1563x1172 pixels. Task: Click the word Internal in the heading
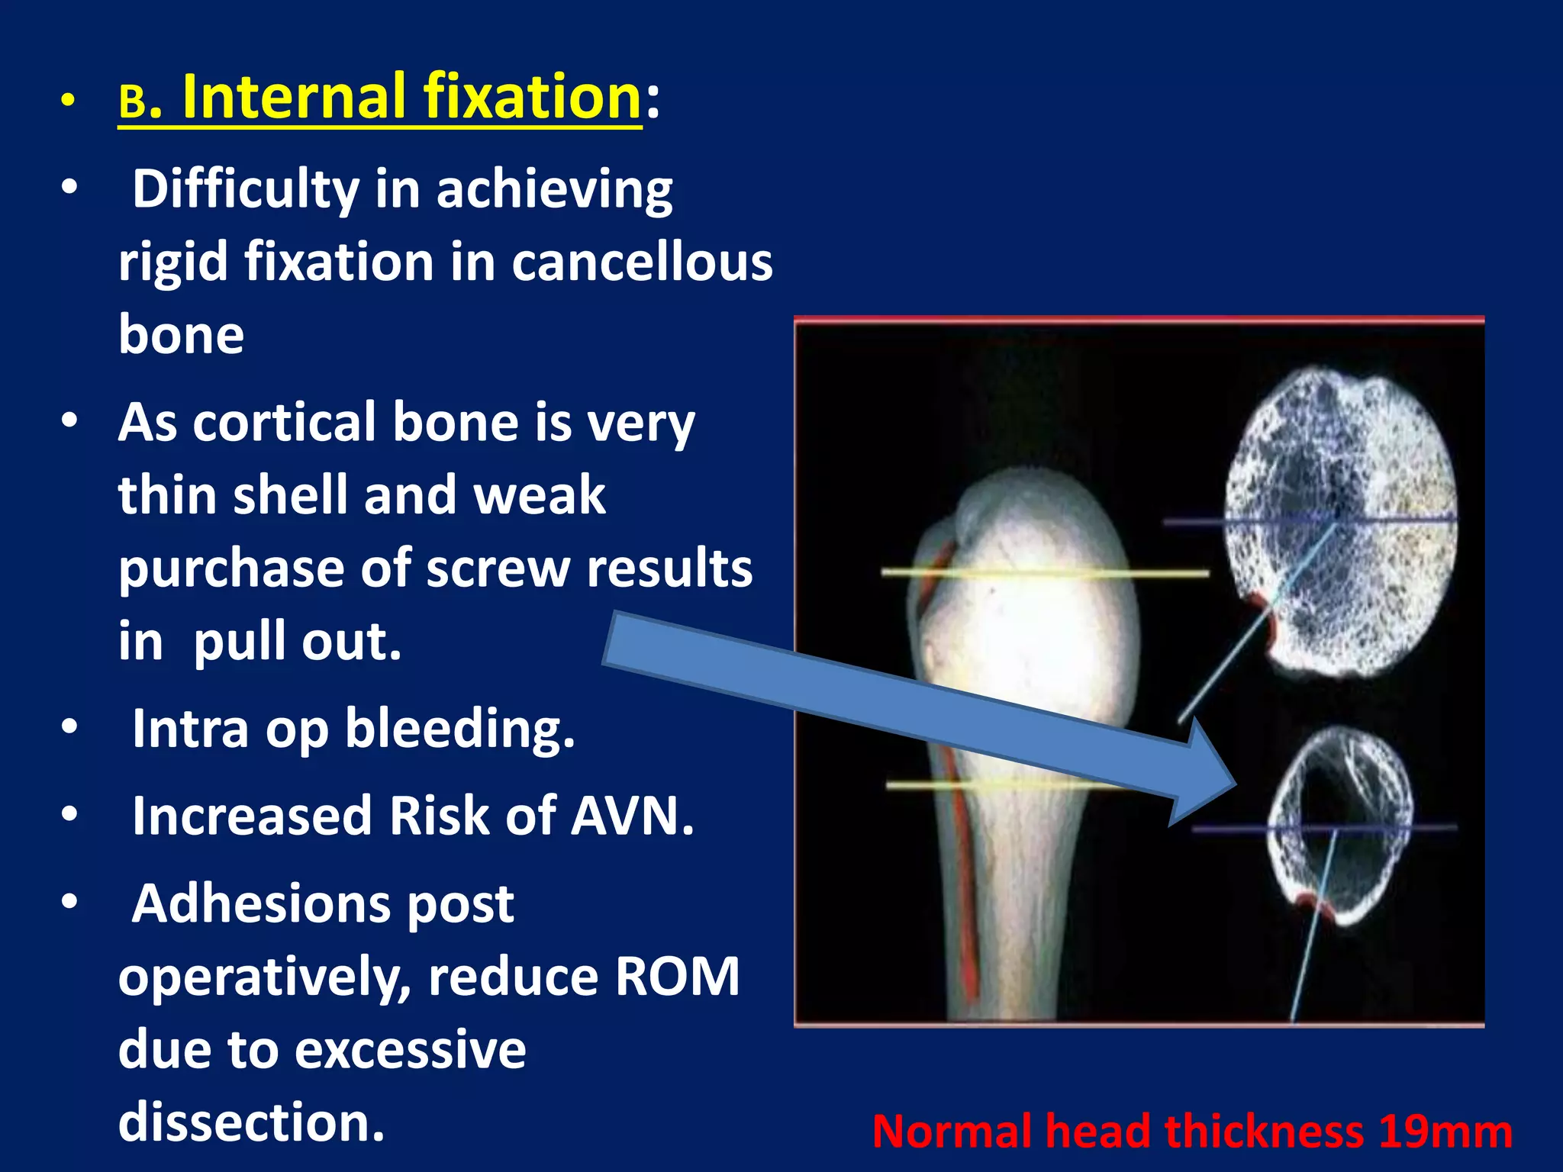coord(293,97)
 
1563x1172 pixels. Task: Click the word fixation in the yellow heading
coord(532,97)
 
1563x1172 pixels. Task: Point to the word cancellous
coord(642,262)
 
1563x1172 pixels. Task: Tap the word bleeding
coord(459,729)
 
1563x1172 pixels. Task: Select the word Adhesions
coord(323,904)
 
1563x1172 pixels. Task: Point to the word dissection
coord(251,1123)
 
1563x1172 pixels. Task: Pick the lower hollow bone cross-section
coord(1339,828)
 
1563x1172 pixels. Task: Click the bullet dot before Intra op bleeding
coord(69,728)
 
